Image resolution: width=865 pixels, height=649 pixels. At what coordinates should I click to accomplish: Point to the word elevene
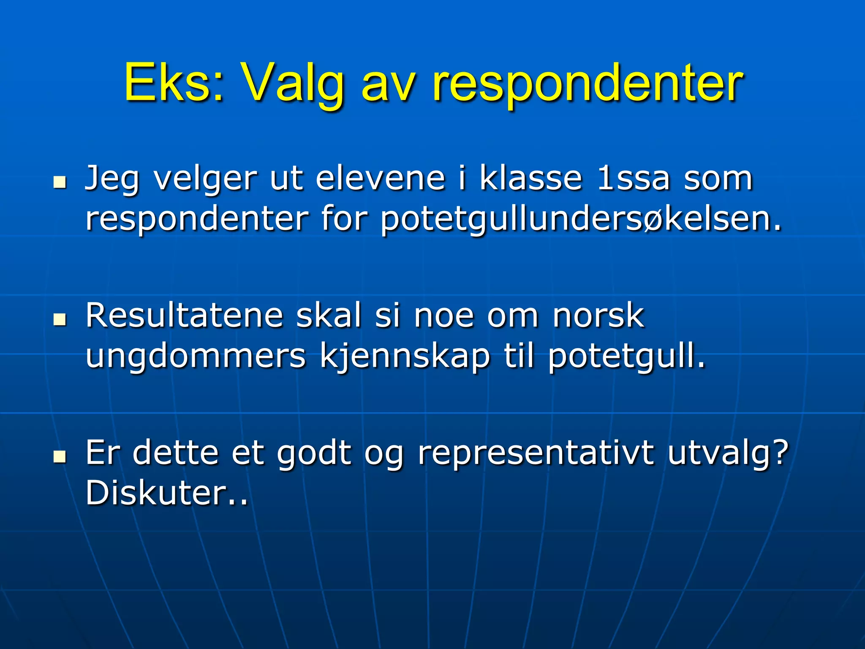coord(381,178)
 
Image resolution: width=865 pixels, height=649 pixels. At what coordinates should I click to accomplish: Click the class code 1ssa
coord(634,178)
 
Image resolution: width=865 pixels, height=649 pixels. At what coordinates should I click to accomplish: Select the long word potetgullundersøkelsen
coord(581,220)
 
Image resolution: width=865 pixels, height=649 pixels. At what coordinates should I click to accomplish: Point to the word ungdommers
coord(195,357)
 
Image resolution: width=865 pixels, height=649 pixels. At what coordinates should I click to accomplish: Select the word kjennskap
coord(405,357)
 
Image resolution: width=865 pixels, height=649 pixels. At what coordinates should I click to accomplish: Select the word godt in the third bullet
coord(314,453)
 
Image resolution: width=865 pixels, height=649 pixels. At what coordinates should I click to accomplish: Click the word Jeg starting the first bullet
coord(112,179)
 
